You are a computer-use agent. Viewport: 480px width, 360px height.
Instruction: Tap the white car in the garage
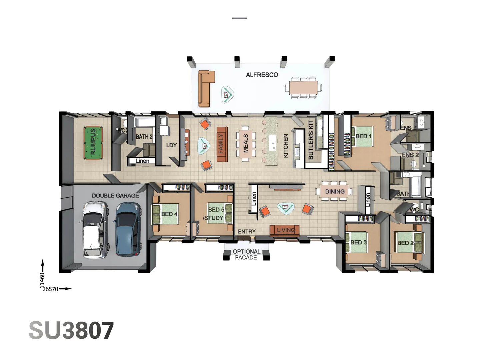pyautogui.click(x=95, y=230)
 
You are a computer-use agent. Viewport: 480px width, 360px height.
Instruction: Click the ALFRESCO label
pyautogui.click(x=262, y=75)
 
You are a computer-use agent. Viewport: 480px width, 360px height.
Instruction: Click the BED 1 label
pyautogui.click(x=363, y=136)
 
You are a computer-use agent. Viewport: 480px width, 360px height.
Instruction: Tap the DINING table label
pyautogui.click(x=335, y=192)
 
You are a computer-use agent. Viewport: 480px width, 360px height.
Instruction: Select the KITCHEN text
pyautogui.click(x=286, y=146)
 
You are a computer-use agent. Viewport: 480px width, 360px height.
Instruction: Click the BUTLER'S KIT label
pyautogui.click(x=311, y=140)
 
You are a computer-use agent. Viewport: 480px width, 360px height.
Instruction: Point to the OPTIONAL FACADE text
pyautogui.click(x=246, y=254)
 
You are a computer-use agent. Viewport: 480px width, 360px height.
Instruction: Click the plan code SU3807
pyautogui.click(x=71, y=331)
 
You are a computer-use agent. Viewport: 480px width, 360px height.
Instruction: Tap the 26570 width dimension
pyautogui.click(x=50, y=289)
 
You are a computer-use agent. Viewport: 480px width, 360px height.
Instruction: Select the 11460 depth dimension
pyautogui.click(x=42, y=280)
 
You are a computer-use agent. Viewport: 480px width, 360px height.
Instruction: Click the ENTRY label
pyautogui.click(x=247, y=231)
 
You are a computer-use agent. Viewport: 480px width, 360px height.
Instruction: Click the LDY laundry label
pyautogui.click(x=171, y=145)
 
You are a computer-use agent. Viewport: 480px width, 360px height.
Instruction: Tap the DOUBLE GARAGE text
pyautogui.click(x=115, y=196)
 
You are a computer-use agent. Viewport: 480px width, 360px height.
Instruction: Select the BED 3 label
pyautogui.click(x=358, y=242)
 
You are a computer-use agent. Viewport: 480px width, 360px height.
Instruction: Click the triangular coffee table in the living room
pyautogui.click(x=286, y=208)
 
